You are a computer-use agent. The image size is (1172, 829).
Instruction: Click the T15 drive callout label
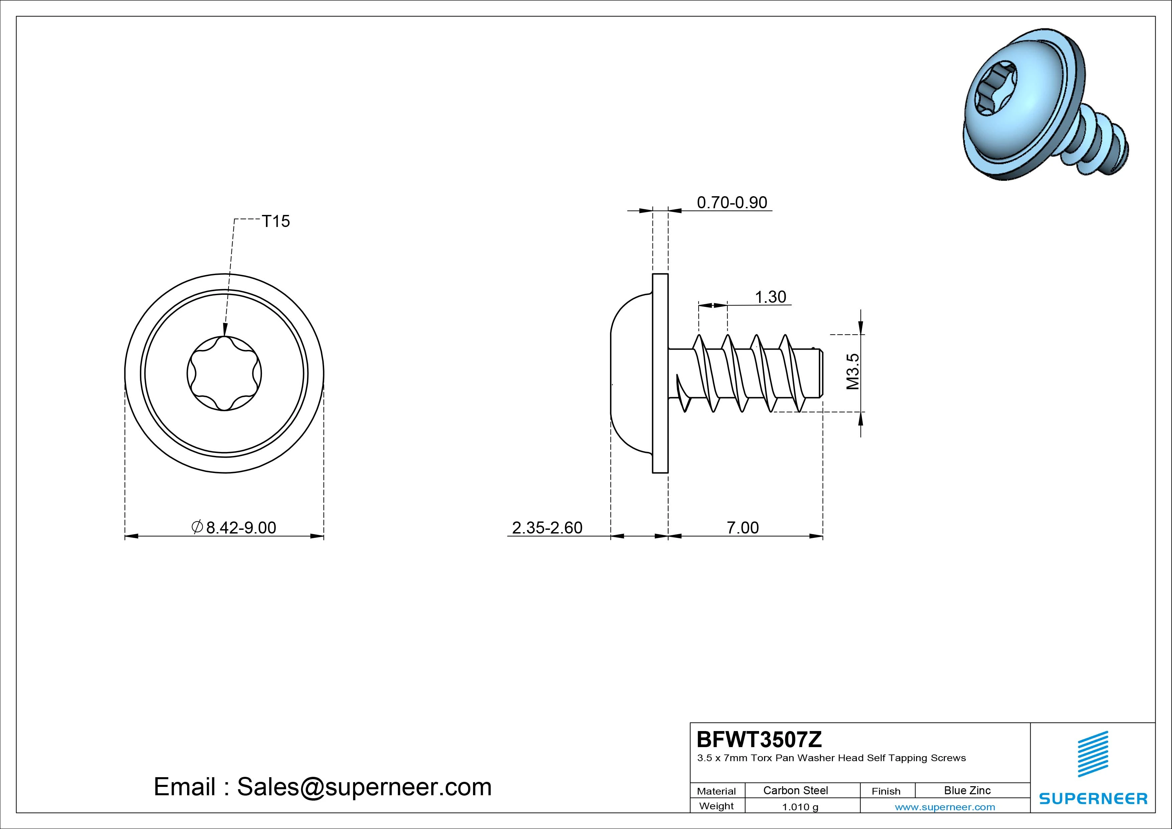[276, 221]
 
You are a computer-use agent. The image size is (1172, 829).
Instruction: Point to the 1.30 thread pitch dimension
[770, 297]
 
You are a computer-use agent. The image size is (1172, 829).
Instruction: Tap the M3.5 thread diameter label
[853, 372]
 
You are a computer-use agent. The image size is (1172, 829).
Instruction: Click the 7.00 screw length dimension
[743, 527]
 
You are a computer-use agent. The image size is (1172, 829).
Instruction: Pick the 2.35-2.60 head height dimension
[547, 527]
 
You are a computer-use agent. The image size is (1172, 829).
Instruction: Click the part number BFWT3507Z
[759, 739]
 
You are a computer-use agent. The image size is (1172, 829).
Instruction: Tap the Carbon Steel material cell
[795, 790]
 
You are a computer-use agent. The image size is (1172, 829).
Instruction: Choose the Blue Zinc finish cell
[967, 790]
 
